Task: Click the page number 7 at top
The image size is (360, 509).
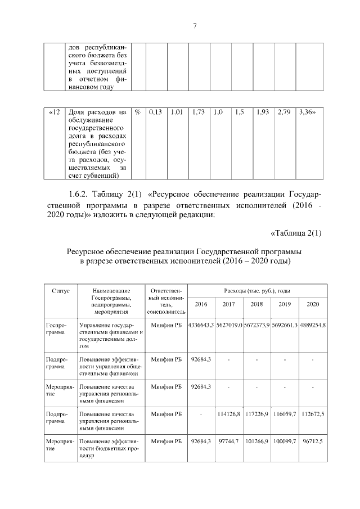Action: click(x=194, y=26)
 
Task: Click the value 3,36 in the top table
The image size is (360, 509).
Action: click(x=307, y=112)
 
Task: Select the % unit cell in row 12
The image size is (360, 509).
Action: click(x=137, y=112)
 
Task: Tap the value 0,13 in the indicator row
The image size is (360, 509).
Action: click(x=156, y=112)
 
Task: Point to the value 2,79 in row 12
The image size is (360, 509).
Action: click(x=285, y=112)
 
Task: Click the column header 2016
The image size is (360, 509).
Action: click(x=201, y=304)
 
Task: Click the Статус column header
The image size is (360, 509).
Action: click(x=60, y=291)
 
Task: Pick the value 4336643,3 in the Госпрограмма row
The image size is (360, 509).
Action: click(x=201, y=326)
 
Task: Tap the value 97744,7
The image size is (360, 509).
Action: click(x=229, y=443)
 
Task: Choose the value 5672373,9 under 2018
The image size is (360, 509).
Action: click(x=256, y=326)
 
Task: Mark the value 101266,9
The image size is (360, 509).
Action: click(x=256, y=443)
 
